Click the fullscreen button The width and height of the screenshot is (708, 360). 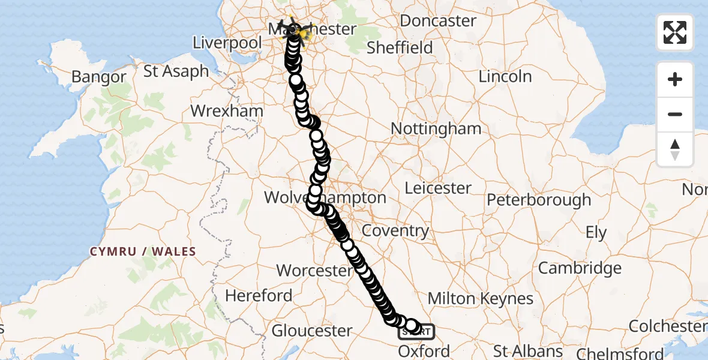pyautogui.click(x=675, y=32)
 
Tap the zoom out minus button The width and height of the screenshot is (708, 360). pyautogui.click(x=675, y=114)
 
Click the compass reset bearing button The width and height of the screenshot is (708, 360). pyautogui.click(x=675, y=149)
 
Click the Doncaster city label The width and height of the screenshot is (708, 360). pyautogui.click(x=438, y=20)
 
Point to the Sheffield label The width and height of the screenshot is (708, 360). pyautogui.click(x=400, y=47)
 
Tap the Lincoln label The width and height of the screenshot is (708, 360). pyautogui.click(x=505, y=76)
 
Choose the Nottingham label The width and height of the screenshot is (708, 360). pyautogui.click(x=436, y=128)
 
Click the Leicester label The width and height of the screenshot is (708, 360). pyautogui.click(x=438, y=188)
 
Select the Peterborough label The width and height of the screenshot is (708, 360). pyautogui.click(x=539, y=199)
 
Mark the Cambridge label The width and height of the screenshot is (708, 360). pyautogui.click(x=580, y=268)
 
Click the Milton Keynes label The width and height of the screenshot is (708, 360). pyautogui.click(x=480, y=298)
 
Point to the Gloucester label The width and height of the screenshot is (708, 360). pyautogui.click(x=312, y=331)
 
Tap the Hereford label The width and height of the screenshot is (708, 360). pyautogui.click(x=259, y=295)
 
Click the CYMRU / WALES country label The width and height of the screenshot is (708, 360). pyautogui.click(x=143, y=251)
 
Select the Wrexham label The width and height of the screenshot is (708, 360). pyautogui.click(x=227, y=111)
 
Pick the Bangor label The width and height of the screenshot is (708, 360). pyautogui.click(x=98, y=77)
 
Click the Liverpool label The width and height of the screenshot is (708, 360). pyautogui.click(x=227, y=43)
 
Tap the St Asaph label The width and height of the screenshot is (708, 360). pyautogui.click(x=176, y=71)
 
